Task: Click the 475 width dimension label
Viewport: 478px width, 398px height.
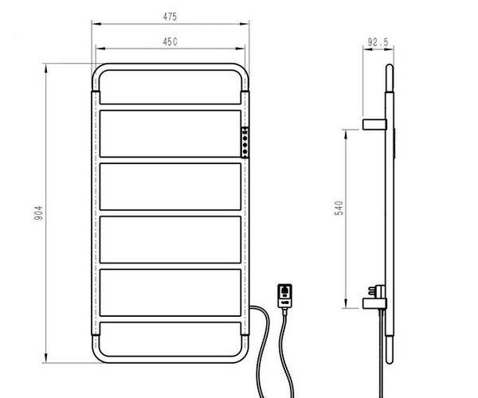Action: pos(170,17)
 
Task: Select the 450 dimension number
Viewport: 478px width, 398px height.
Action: pos(170,41)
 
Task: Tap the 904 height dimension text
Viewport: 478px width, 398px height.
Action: pos(39,213)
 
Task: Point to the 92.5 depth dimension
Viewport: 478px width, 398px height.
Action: pos(378,42)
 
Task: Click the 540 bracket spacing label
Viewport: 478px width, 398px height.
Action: pos(339,208)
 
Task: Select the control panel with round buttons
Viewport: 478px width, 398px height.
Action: pos(245,142)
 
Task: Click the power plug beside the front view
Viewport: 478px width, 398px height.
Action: pos(284,296)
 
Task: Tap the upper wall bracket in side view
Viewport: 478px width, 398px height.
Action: pos(374,124)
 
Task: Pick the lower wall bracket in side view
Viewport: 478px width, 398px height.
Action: pos(374,303)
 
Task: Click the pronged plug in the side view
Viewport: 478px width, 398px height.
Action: pos(377,291)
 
